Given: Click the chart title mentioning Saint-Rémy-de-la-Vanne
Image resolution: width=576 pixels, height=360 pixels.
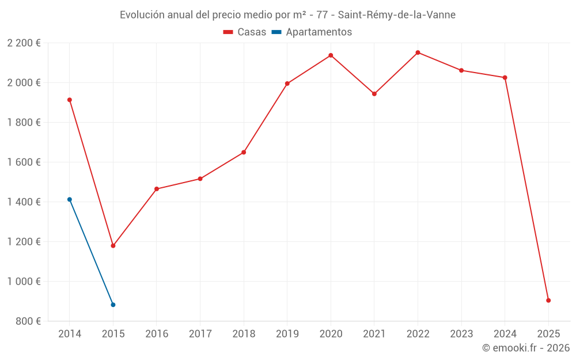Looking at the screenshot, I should coord(287,15).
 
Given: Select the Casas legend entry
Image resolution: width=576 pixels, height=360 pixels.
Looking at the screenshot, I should coord(245,32).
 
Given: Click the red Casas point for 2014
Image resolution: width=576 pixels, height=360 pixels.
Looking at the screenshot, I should coord(70,100).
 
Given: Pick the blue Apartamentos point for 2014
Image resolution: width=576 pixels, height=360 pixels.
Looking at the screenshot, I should coord(70,199).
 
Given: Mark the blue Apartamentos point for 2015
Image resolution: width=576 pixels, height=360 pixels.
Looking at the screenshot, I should coord(113,305).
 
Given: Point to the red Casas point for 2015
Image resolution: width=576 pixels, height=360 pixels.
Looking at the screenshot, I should coord(113,246).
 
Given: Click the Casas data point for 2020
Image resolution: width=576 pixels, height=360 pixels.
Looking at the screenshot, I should coord(331,55).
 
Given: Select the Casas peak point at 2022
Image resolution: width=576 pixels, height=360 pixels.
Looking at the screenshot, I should coord(418,52).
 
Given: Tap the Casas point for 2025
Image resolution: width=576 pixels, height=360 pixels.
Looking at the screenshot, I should coord(548,300).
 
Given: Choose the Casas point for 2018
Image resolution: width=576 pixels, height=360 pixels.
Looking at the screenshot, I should coord(244,152).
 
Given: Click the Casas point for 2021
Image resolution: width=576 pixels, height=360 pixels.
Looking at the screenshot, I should coord(374,94).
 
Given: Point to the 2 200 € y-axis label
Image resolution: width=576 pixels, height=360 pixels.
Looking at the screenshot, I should coord(24,43).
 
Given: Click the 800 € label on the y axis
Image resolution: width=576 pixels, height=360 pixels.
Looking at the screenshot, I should coord(28,321).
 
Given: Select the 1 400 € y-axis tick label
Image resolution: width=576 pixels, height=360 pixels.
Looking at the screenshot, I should coord(24,202).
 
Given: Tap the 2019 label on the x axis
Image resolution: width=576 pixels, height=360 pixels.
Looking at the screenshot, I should coord(287,334).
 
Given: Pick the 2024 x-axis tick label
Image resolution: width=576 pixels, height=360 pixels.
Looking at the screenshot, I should coord(505,334).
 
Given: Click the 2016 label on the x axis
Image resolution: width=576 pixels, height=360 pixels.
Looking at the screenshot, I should coord(157,334).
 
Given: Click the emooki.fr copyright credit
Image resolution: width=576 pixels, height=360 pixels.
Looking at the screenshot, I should coord(525,348).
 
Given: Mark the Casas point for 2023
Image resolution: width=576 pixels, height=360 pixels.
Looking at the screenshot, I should coord(461,70).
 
